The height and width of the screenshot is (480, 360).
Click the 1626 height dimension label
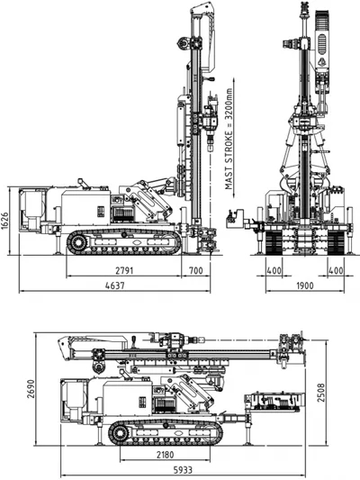point(4,220)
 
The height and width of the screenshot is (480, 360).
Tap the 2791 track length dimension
point(124,270)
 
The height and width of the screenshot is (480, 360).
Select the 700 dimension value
point(196,270)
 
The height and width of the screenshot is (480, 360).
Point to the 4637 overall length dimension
point(115,285)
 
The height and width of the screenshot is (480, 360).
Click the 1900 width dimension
point(305,285)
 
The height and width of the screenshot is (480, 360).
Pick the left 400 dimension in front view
point(274,270)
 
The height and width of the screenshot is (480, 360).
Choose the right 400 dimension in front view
point(336,270)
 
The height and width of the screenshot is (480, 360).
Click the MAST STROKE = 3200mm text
point(229,139)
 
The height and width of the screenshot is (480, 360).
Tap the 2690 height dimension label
point(31,389)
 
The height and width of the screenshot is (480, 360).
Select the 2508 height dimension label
point(320,393)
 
